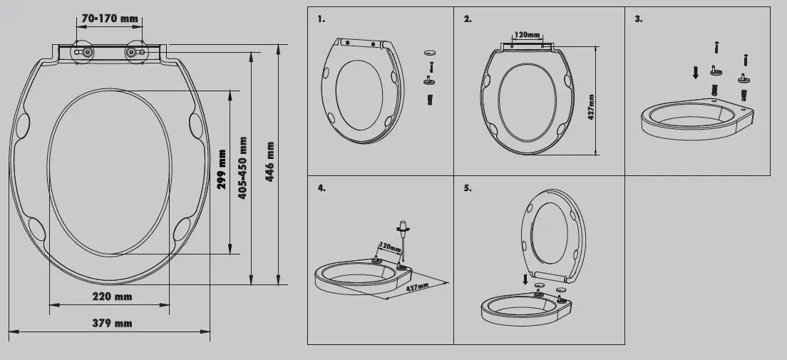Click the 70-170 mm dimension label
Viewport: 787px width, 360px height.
point(110,18)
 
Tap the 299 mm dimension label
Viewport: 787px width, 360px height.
point(223,170)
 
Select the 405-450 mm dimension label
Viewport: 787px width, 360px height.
point(242,168)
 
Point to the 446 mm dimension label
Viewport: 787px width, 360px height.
point(270,162)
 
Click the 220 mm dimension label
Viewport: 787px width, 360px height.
point(112,296)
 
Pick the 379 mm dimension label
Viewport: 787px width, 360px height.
point(112,323)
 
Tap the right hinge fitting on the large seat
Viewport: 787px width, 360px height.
point(133,52)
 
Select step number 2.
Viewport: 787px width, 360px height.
point(468,19)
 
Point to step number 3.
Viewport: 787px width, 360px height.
point(639,19)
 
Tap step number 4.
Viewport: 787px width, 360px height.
point(322,188)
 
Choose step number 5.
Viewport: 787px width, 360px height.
point(468,188)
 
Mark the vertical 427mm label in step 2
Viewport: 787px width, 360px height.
point(591,108)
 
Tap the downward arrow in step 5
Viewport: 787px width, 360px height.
point(526,280)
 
